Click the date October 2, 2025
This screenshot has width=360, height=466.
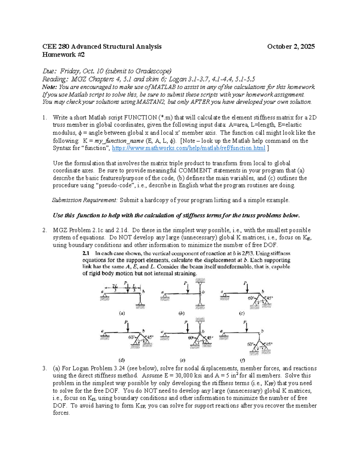click(291, 47)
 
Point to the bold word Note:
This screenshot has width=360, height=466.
click(49, 87)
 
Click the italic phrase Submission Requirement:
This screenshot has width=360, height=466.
click(85, 200)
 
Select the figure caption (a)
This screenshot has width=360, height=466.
click(122, 313)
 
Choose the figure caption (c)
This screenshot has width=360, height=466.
click(241, 313)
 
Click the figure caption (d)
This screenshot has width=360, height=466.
click(122, 359)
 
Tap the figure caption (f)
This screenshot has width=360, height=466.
click(242, 359)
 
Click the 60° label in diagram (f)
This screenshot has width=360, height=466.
click(250, 344)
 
